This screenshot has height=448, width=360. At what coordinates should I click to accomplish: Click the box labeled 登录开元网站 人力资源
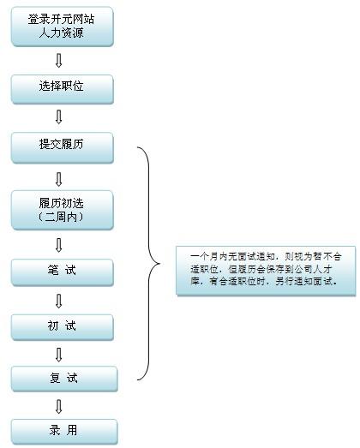[x=63, y=27]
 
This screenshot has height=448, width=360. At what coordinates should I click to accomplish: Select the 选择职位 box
[x=63, y=89]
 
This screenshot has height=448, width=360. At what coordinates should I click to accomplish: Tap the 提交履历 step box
[x=63, y=148]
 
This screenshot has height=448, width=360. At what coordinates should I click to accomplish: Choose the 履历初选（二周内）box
[x=63, y=210]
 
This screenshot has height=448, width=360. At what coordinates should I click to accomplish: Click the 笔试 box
[x=63, y=272]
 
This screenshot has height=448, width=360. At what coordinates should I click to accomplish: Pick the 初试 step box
[x=63, y=327]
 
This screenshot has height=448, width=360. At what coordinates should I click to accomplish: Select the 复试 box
[x=64, y=379]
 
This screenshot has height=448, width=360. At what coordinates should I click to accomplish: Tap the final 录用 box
[x=64, y=432]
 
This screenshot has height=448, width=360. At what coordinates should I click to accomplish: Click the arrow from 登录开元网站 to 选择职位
[x=58, y=61]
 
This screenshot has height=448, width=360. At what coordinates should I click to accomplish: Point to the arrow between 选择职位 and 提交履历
[x=58, y=116]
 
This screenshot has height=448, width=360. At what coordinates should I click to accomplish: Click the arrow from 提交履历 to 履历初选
[x=58, y=179]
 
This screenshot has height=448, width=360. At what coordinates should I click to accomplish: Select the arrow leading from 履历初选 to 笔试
[x=58, y=245]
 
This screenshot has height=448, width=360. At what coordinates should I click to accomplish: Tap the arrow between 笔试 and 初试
[x=58, y=301]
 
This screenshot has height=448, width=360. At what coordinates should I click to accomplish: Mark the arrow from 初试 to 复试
[x=58, y=355]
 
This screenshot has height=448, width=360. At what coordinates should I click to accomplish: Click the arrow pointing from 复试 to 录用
[x=58, y=407]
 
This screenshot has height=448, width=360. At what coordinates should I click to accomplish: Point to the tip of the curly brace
[x=160, y=264]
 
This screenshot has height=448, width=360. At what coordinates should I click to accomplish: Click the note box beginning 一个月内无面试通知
[x=266, y=271]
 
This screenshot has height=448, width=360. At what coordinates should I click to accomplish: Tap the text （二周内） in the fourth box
[x=61, y=218]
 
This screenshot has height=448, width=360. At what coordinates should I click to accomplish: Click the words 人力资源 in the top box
[x=61, y=33]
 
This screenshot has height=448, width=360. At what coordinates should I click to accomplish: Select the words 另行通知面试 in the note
[x=304, y=282]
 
